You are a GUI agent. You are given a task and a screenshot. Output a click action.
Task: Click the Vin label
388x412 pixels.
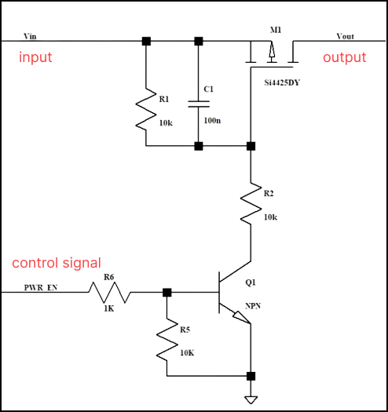pyautogui.click(x=30, y=36)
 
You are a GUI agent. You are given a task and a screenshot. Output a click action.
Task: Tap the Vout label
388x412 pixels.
pyautogui.click(x=345, y=36)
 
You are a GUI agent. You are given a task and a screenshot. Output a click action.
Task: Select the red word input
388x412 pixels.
pyautogui.click(x=35, y=57)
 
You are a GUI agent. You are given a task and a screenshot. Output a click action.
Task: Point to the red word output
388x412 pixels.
pyautogui.click(x=344, y=57)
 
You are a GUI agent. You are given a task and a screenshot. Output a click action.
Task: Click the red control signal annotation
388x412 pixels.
pyautogui.click(x=57, y=263)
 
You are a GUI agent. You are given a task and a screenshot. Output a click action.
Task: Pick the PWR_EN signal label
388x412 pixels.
pyautogui.click(x=41, y=288)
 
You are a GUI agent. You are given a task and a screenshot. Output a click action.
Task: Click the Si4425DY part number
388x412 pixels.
pyautogui.click(x=282, y=82)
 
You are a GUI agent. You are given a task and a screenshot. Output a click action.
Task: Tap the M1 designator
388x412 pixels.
pyautogui.click(x=276, y=30)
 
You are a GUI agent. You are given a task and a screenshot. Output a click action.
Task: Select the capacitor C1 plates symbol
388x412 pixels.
pyautogui.click(x=199, y=104)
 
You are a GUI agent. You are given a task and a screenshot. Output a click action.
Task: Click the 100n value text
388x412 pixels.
pyautogui.click(x=212, y=121)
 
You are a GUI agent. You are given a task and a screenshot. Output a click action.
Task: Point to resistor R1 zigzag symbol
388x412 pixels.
pyautogui.click(x=146, y=109)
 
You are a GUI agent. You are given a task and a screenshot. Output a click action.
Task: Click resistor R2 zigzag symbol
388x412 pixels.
pyautogui.click(x=251, y=203)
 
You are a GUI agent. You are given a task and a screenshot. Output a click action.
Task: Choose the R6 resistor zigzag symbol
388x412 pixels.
pyautogui.click(x=109, y=293)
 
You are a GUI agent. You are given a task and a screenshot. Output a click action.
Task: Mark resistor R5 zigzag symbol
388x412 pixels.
pyautogui.click(x=167, y=340)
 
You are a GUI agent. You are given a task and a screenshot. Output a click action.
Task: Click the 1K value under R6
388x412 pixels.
pyautogui.click(x=109, y=308)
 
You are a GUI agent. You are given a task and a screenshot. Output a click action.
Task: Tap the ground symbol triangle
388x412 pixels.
pyautogui.click(x=251, y=400)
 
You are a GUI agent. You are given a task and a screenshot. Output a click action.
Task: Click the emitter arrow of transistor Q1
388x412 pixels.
pyautogui.click(x=241, y=317)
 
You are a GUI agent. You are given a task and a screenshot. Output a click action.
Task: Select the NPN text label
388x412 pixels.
pyautogui.click(x=253, y=306)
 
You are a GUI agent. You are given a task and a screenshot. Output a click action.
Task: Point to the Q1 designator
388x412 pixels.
pyautogui.click(x=251, y=283)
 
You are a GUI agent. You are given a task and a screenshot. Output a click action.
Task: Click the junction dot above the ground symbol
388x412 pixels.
pyautogui.click(x=251, y=376)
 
